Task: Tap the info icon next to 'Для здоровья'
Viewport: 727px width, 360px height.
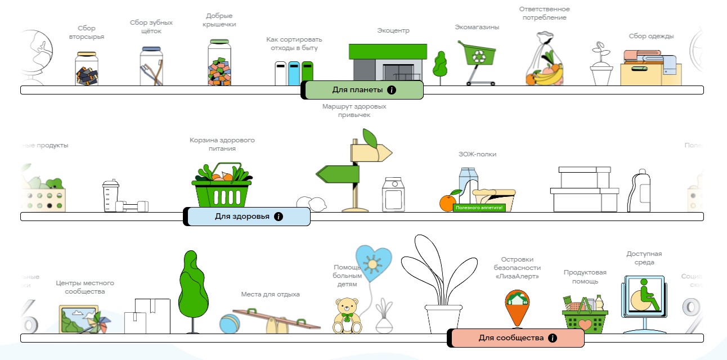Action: coord(279,217)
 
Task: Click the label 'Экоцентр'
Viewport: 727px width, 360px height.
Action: coord(393,30)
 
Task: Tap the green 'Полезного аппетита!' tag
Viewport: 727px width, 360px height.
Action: coord(479,208)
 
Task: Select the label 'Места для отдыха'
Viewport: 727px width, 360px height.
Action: coord(270,294)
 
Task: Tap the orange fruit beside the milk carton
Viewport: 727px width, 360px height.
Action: coord(448,202)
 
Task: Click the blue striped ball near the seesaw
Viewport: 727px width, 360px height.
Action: coord(230,325)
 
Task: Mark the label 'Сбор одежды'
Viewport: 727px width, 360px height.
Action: coord(651,37)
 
